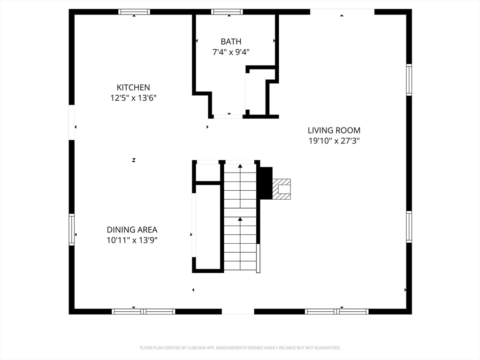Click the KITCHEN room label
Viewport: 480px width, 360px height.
(133, 88)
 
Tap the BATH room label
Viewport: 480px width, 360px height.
(231, 42)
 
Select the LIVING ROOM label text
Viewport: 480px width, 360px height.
(334, 130)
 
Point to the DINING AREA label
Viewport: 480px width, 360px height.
(132, 230)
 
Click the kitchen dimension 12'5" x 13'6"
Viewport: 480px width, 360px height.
(133, 98)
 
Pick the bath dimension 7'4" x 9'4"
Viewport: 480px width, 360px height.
(231, 52)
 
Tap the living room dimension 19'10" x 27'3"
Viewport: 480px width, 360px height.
(334, 141)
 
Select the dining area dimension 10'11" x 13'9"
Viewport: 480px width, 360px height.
(132, 240)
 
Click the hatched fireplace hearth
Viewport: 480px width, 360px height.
(282, 189)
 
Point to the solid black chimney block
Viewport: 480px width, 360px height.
(266, 183)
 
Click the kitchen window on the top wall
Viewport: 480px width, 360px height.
(134, 12)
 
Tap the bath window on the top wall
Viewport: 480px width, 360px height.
(227, 12)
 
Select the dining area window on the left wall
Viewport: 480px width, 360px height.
(72, 229)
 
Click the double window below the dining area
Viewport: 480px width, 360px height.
(144, 312)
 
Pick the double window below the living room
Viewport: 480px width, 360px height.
(337, 312)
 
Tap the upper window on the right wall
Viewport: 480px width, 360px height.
(409, 80)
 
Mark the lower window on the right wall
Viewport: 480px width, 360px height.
(409, 227)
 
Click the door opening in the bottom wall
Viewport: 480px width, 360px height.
(238, 312)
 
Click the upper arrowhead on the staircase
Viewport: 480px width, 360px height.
(240, 166)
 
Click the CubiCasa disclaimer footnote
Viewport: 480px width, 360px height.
(240, 348)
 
